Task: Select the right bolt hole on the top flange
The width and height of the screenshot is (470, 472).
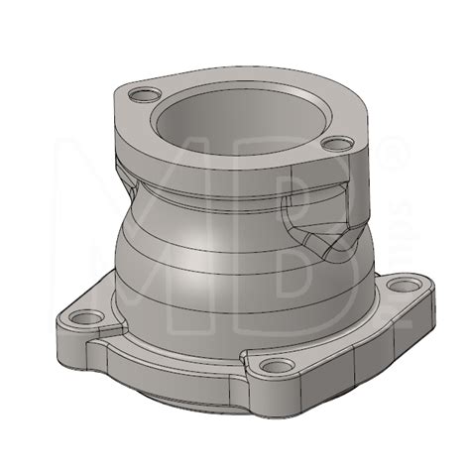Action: pyautogui.click(x=338, y=145)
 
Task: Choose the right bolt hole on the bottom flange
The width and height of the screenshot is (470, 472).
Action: pyautogui.click(x=403, y=287)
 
